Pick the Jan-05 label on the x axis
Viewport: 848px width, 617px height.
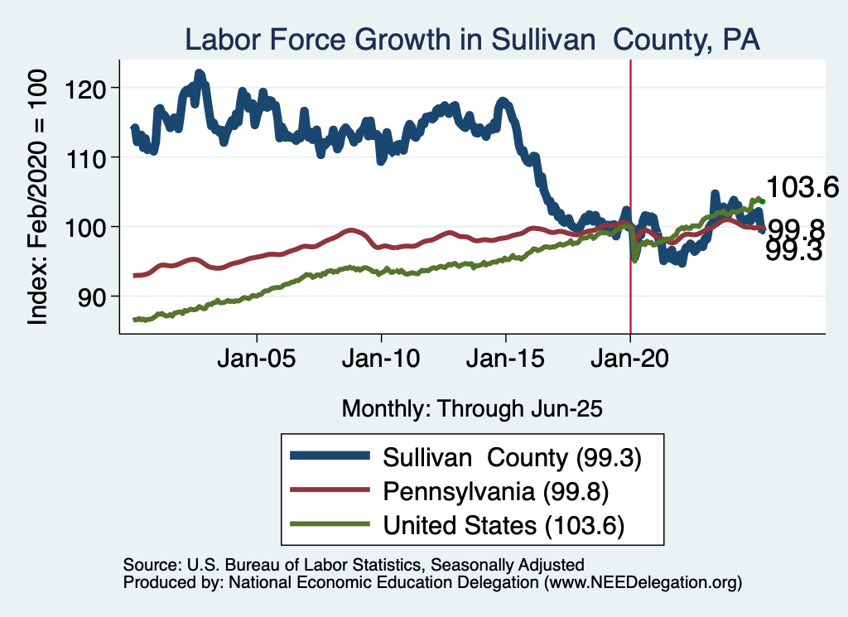pos(257,361)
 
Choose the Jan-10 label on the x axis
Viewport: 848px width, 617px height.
pos(381,361)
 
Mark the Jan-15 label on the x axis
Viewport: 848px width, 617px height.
pos(506,361)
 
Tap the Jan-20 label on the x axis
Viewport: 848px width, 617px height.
pos(630,361)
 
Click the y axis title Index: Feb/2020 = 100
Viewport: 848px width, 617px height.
pos(40,196)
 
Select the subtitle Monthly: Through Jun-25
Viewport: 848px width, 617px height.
pos(471,408)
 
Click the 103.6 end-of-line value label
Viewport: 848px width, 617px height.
pos(802,188)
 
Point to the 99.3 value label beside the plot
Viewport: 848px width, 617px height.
pos(793,251)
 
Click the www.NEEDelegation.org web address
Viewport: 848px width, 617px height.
pos(640,583)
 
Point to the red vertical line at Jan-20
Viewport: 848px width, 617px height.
pos(631,166)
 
